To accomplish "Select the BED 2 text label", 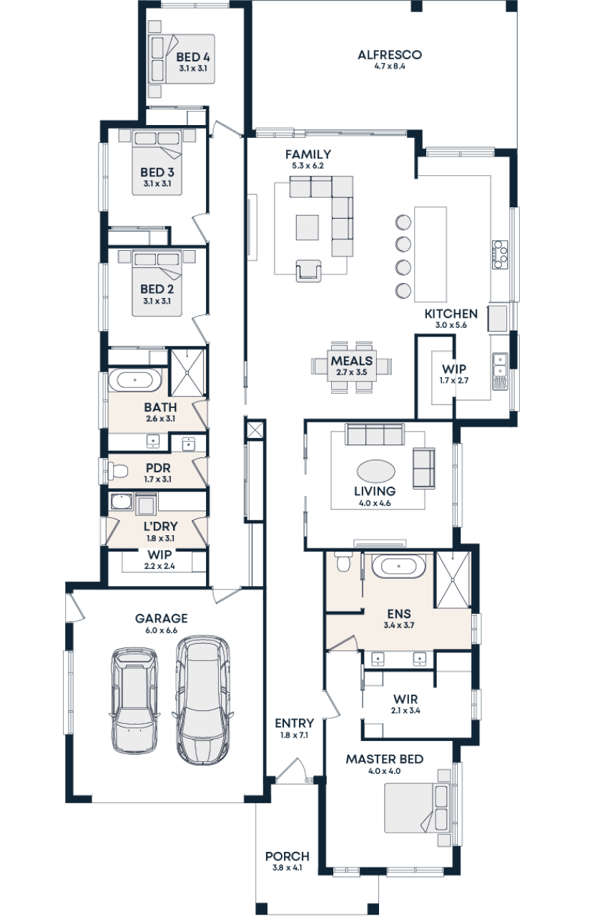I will pyautogui.click(x=157, y=289).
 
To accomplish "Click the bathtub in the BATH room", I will pyautogui.click(x=136, y=380).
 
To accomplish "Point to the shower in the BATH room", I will pyautogui.click(x=188, y=372).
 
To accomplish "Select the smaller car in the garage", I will pyautogui.click(x=133, y=700).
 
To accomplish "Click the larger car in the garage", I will pyautogui.click(x=203, y=700).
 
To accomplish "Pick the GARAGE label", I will pyautogui.click(x=161, y=618).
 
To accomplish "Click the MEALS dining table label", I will pyautogui.click(x=352, y=362).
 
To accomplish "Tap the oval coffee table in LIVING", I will pyautogui.click(x=375, y=472).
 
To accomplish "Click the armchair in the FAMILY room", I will pyautogui.click(x=309, y=271).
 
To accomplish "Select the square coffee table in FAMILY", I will pyautogui.click(x=308, y=228).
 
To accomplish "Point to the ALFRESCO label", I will pyautogui.click(x=389, y=55).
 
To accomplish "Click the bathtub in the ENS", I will pyautogui.click(x=400, y=567).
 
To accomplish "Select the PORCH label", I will pyautogui.click(x=287, y=856).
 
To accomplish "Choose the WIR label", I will pyautogui.click(x=405, y=700).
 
